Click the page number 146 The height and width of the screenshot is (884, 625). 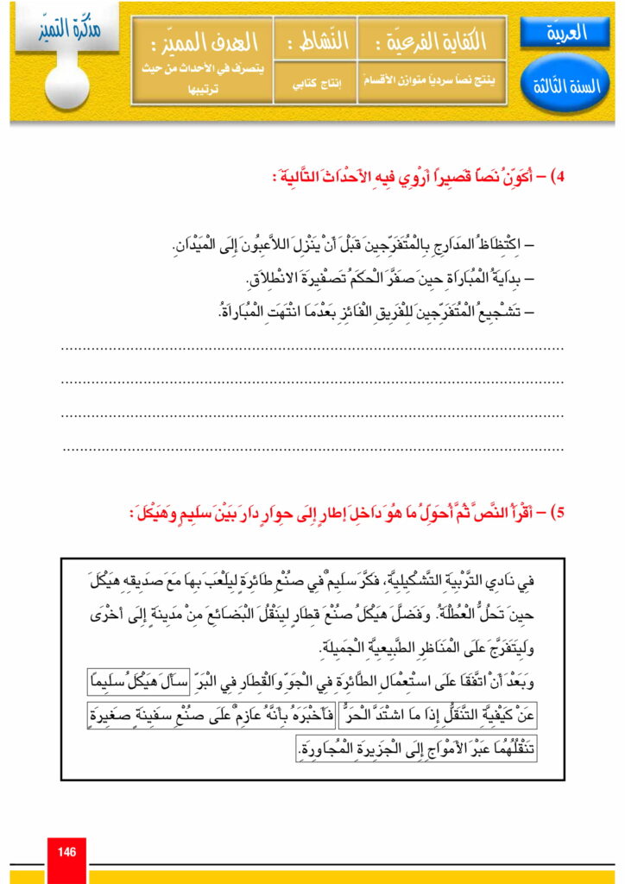(x=67, y=852)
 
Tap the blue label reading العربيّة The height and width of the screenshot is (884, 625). (x=566, y=34)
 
